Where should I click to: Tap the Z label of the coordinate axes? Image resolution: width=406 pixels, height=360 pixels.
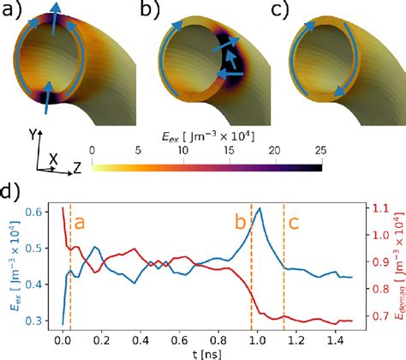point(76,168)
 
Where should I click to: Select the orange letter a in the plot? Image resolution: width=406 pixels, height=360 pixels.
point(80,222)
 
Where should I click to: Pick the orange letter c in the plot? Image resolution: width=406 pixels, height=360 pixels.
point(294,222)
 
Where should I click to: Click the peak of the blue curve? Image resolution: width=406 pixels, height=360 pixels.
point(259,208)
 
